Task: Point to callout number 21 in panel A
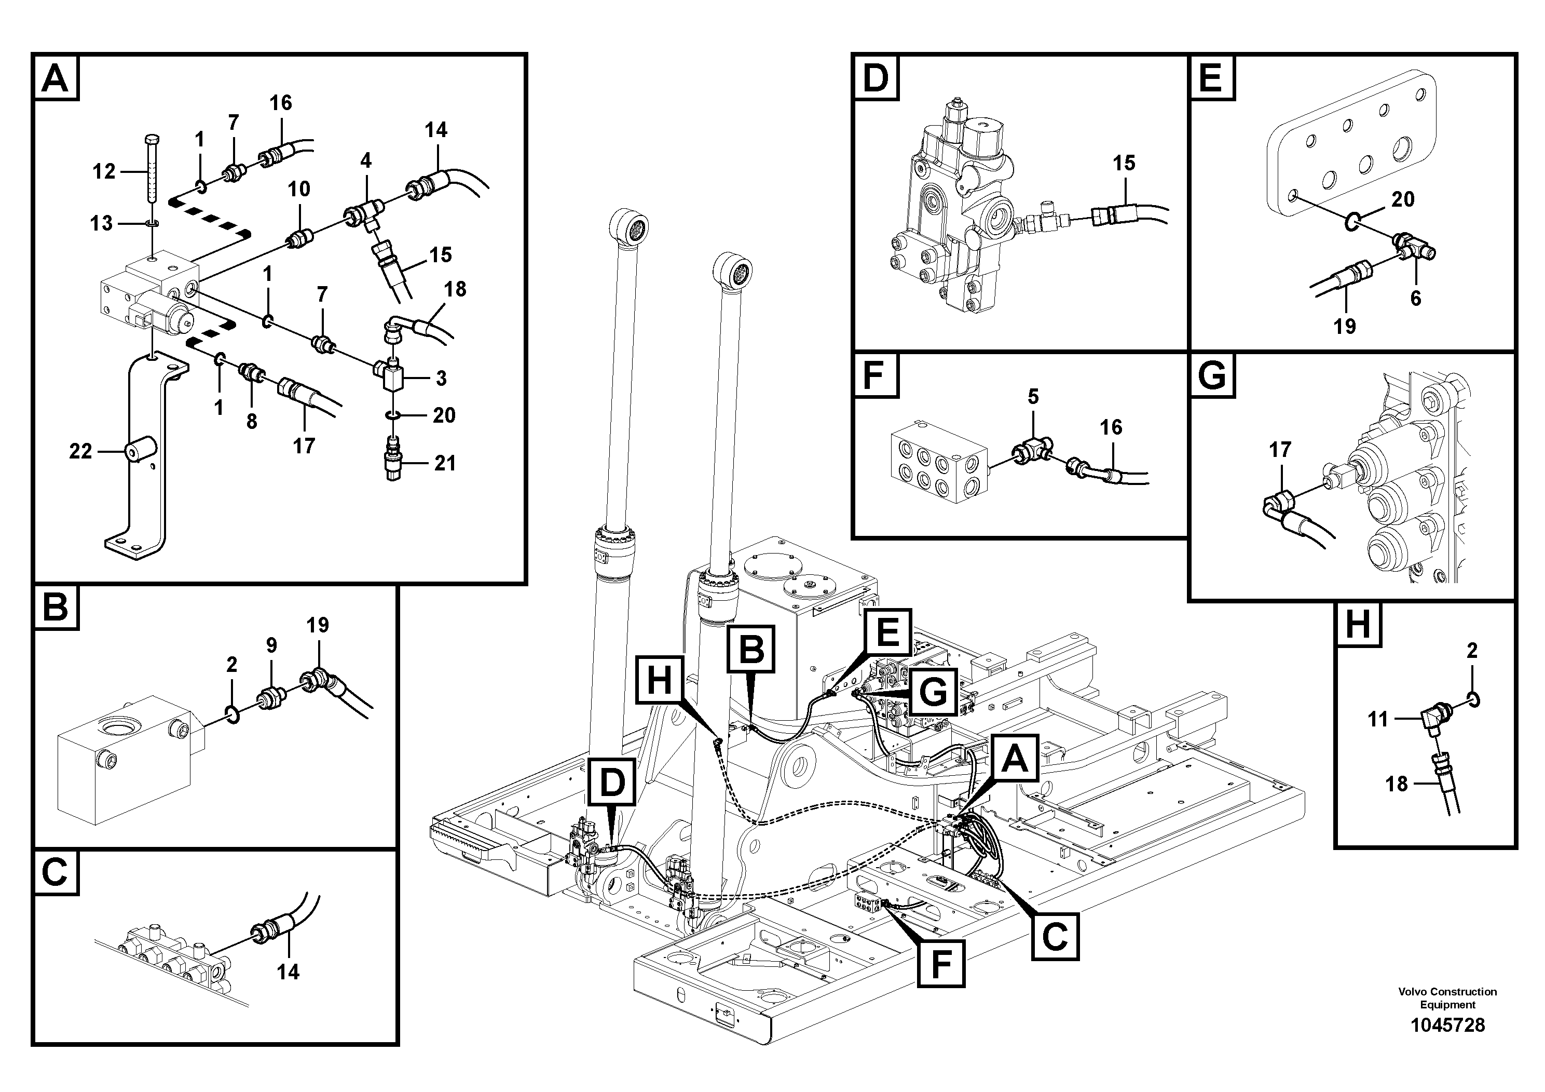445,463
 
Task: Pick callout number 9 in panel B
271,645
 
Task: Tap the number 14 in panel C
288,972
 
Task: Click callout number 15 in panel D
1123,163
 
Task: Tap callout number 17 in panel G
1279,450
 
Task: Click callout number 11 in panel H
1377,719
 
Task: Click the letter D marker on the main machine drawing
612,783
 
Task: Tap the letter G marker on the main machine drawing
933,692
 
